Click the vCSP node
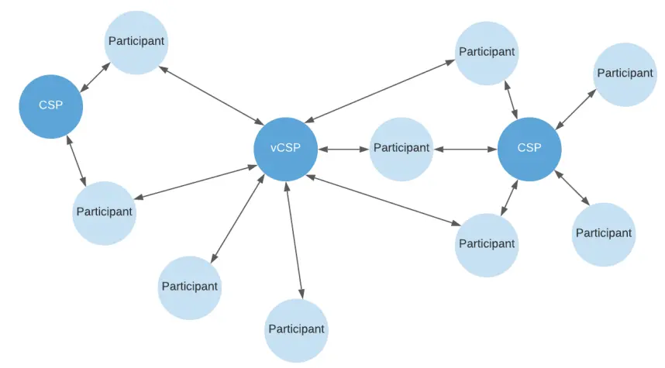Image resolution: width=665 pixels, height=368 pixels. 285,149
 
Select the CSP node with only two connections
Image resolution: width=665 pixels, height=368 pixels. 51,106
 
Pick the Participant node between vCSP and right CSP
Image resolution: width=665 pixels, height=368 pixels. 401,148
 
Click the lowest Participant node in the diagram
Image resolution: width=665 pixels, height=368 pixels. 296,330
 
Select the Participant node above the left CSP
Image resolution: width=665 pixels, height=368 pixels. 136,42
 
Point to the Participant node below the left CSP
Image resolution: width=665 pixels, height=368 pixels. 104,212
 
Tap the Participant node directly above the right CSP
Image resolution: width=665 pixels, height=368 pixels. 486,53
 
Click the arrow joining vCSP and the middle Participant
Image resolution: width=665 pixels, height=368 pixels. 343,148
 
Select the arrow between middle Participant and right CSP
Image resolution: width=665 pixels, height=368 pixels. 464,148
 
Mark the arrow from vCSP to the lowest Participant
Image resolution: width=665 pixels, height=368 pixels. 292,239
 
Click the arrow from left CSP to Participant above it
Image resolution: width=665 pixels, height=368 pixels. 95,77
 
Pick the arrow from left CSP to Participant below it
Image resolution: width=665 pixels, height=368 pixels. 76,161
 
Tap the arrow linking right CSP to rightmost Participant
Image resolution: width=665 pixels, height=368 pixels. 576,108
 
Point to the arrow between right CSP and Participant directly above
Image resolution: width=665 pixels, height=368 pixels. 511,100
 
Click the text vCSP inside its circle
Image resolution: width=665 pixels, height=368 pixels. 285,149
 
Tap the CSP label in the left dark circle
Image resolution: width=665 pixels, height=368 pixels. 51,106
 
